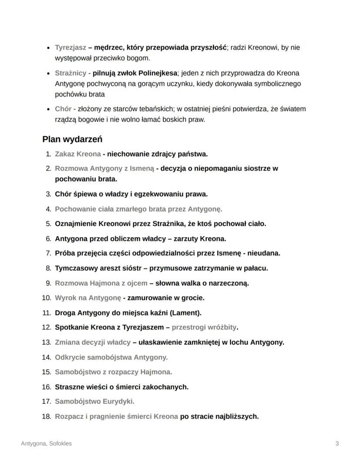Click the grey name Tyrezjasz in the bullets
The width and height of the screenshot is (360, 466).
70,47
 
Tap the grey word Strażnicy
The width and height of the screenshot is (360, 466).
70,73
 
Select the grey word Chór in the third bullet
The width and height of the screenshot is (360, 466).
63,109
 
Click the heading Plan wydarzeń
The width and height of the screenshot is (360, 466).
72,140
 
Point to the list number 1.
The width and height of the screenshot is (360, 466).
48,154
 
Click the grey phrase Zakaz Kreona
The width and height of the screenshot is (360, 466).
77,154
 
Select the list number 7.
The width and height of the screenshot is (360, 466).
48,253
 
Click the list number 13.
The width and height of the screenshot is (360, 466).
46,342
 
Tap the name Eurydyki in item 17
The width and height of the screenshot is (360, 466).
119,401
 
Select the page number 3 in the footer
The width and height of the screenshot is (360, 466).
337,444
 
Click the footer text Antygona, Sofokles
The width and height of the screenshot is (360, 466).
47,444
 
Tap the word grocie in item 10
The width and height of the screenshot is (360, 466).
193,298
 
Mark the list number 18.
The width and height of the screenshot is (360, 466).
46,416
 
